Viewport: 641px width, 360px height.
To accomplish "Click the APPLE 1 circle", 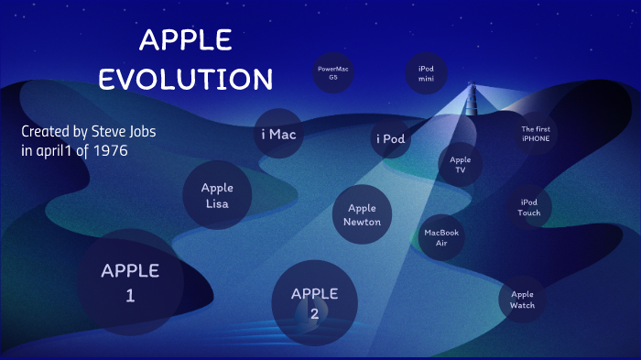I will pos(129,281).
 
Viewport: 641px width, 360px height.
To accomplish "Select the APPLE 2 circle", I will pos(314,303).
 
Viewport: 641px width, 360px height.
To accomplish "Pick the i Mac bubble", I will pos(278,135).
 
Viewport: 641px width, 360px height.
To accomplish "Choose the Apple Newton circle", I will pos(363,215).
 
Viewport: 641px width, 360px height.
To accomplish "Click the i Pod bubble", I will pos(390,139).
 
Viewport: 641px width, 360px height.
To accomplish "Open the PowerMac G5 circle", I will pos(333,73).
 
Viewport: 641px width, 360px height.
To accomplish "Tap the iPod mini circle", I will pos(426,73).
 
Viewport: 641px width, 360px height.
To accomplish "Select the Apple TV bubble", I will pos(460,165).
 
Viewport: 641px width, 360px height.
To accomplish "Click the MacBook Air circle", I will pos(441,238).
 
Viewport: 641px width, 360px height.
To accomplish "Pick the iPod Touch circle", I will pos(529,207).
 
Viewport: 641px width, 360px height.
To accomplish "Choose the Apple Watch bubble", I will pos(522,300).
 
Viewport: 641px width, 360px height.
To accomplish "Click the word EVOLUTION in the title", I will pos(185,79).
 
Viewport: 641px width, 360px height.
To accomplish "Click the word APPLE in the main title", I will pos(185,39).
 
